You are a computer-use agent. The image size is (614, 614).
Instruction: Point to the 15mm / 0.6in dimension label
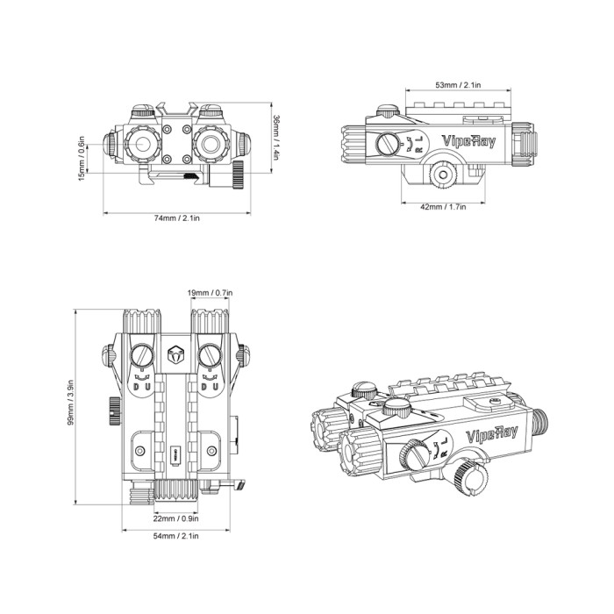[x=82, y=158]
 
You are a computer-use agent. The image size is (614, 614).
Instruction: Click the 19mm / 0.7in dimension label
[x=210, y=291]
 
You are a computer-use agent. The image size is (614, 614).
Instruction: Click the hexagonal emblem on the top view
[x=175, y=355]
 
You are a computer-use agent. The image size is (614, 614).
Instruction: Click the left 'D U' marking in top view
[x=142, y=382]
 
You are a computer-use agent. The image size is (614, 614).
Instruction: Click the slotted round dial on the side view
[x=388, y=145]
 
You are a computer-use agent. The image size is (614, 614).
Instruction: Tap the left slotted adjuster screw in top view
[x=142, y=355]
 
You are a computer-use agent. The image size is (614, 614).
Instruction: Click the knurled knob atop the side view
[x=387, y=113]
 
